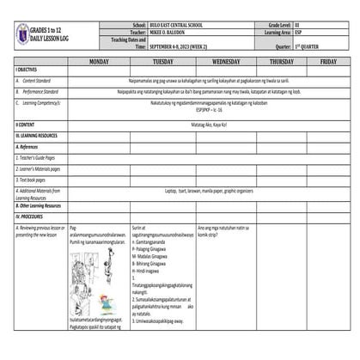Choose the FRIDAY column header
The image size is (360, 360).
328,63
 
